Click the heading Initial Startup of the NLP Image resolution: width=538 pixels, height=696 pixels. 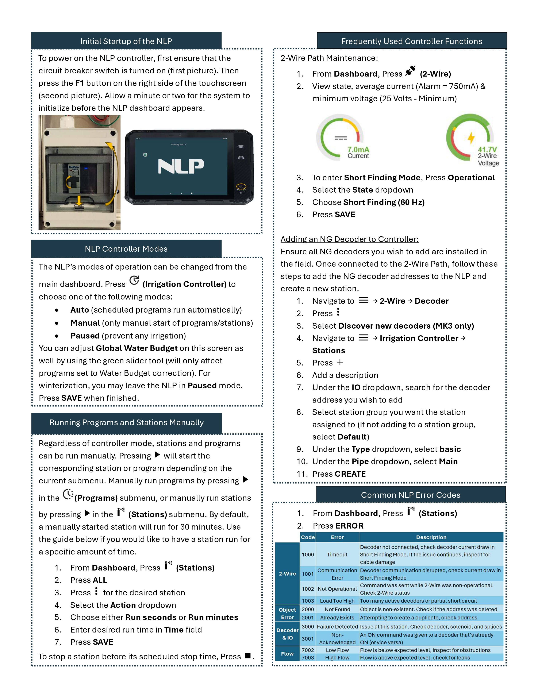pos(126,41)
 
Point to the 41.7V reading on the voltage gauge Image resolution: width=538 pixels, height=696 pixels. pos(487,150)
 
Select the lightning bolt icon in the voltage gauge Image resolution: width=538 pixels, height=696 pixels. pos(471,138)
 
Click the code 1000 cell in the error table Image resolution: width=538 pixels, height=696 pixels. pos(308,554)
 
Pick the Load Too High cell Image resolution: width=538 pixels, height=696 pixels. pos(337,601)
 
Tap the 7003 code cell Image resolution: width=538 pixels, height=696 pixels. pos(308,657)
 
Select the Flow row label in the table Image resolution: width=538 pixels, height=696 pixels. pos(287,654)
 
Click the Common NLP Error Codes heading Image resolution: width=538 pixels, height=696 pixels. pos(411,495)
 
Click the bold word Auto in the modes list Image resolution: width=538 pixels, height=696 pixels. pos(79,310)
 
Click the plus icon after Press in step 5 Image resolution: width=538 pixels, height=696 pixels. pos(340,362)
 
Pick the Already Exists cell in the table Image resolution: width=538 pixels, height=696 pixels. pos(337,618)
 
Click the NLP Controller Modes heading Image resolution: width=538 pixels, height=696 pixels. pos(126,249)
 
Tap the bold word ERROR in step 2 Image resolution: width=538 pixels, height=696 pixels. pos(349,526)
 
